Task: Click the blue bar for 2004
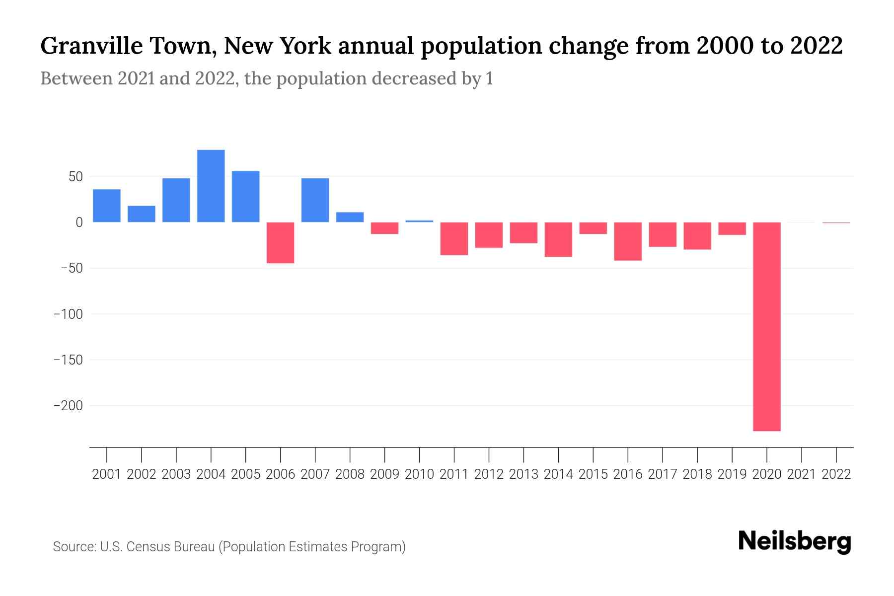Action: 211,186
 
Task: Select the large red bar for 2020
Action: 766,326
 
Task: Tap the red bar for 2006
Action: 280,242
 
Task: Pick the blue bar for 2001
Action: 106,206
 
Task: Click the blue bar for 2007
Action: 315,200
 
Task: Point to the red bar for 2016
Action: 627,241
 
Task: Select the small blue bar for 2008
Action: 350,217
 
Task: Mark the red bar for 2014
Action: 558,239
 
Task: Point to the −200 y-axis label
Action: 68,406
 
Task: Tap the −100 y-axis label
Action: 68,314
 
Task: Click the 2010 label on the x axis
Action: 419,474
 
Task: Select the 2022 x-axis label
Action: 836,474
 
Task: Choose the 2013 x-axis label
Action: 523,474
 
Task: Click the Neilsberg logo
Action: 795,541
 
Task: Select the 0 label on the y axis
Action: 79,223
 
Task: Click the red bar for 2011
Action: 454,238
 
